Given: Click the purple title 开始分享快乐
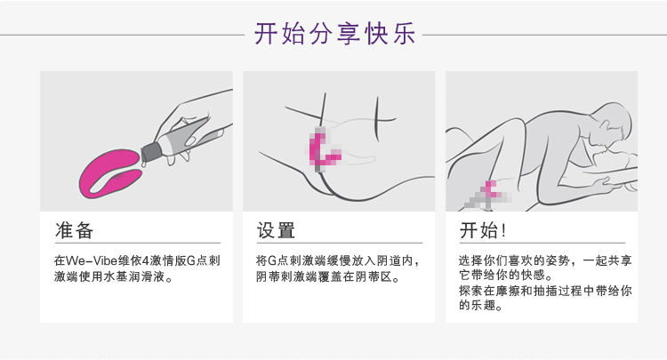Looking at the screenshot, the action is [x=334, y=34].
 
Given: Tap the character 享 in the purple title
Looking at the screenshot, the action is [x=349, y=34].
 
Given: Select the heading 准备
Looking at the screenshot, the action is [x=74, y=230].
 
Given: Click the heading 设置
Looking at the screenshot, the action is [x=276, y=230].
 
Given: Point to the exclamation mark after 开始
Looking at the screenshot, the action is [x=504, y=231].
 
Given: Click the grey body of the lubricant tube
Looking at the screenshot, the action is [x=187, y=136].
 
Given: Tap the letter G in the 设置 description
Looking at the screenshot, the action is [x=272, y=260].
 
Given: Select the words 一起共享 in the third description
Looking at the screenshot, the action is [x=607, y=260].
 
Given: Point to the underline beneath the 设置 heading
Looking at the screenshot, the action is [x=340, y=244].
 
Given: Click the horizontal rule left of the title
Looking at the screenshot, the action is [x=123, y=35].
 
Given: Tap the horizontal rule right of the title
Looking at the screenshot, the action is [x=544, y=35].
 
